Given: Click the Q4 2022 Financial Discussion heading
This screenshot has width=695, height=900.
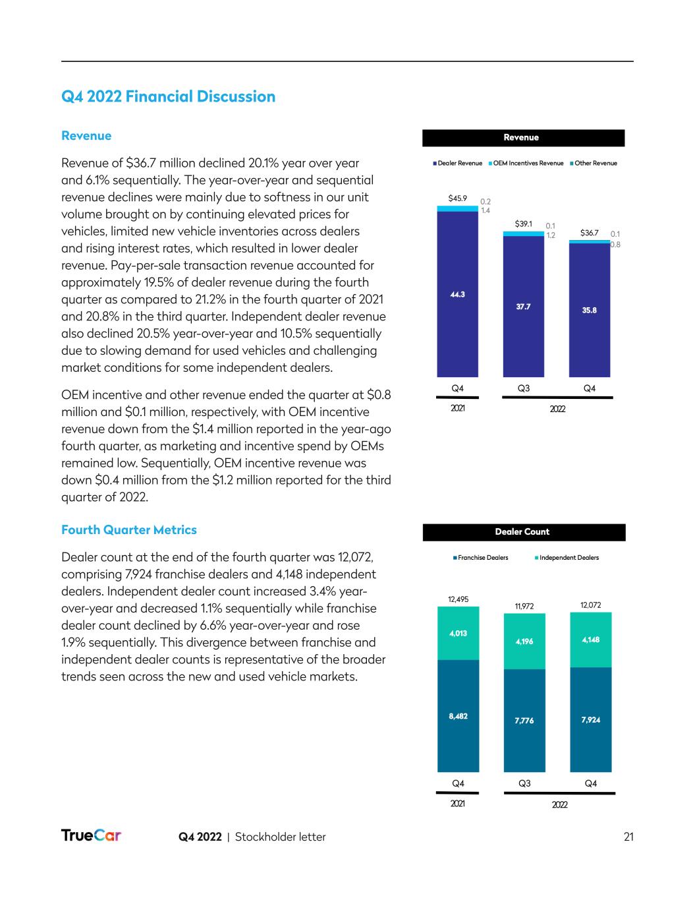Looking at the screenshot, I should tap(168, 97).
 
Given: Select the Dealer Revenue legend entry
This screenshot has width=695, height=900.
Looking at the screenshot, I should tap(458, 163).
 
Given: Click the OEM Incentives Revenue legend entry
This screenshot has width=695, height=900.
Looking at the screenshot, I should tap(526, 163).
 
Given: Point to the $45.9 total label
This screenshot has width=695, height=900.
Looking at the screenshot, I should tap(457, 198).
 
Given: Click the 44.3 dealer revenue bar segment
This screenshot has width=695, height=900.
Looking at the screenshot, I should tap(457, 294).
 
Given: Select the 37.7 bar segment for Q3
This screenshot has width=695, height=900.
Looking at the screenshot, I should tap(523, 307).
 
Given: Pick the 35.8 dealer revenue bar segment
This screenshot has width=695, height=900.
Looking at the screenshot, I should tap(590, 310).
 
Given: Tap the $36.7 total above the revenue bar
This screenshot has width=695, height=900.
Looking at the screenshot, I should tap(589, 233).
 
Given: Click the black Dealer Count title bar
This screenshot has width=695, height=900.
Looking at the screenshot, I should tap(524, 532).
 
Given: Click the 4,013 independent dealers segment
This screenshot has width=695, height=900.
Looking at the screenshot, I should tap(458, 633).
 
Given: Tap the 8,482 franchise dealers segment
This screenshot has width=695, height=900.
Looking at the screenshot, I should tap(458, 715).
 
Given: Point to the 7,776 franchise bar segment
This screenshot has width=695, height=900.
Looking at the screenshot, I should tap(524, 721).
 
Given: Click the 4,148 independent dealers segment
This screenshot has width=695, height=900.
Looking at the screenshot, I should tap(591, 640).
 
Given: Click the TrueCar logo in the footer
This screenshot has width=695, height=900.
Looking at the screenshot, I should tap(91, 836).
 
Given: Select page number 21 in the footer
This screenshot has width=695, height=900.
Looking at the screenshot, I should tap(628, 837).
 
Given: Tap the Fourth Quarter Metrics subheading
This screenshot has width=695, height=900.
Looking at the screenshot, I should tap(128, 530).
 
